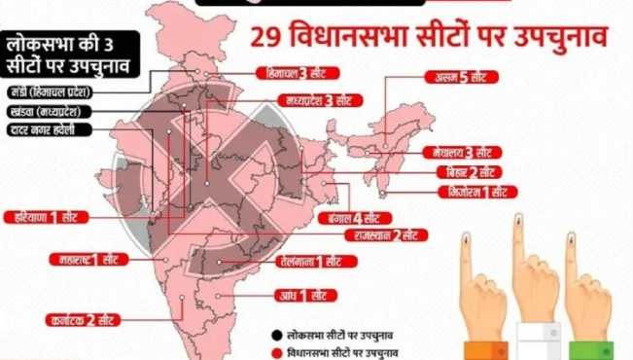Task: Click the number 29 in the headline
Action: [x=269, y=38]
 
